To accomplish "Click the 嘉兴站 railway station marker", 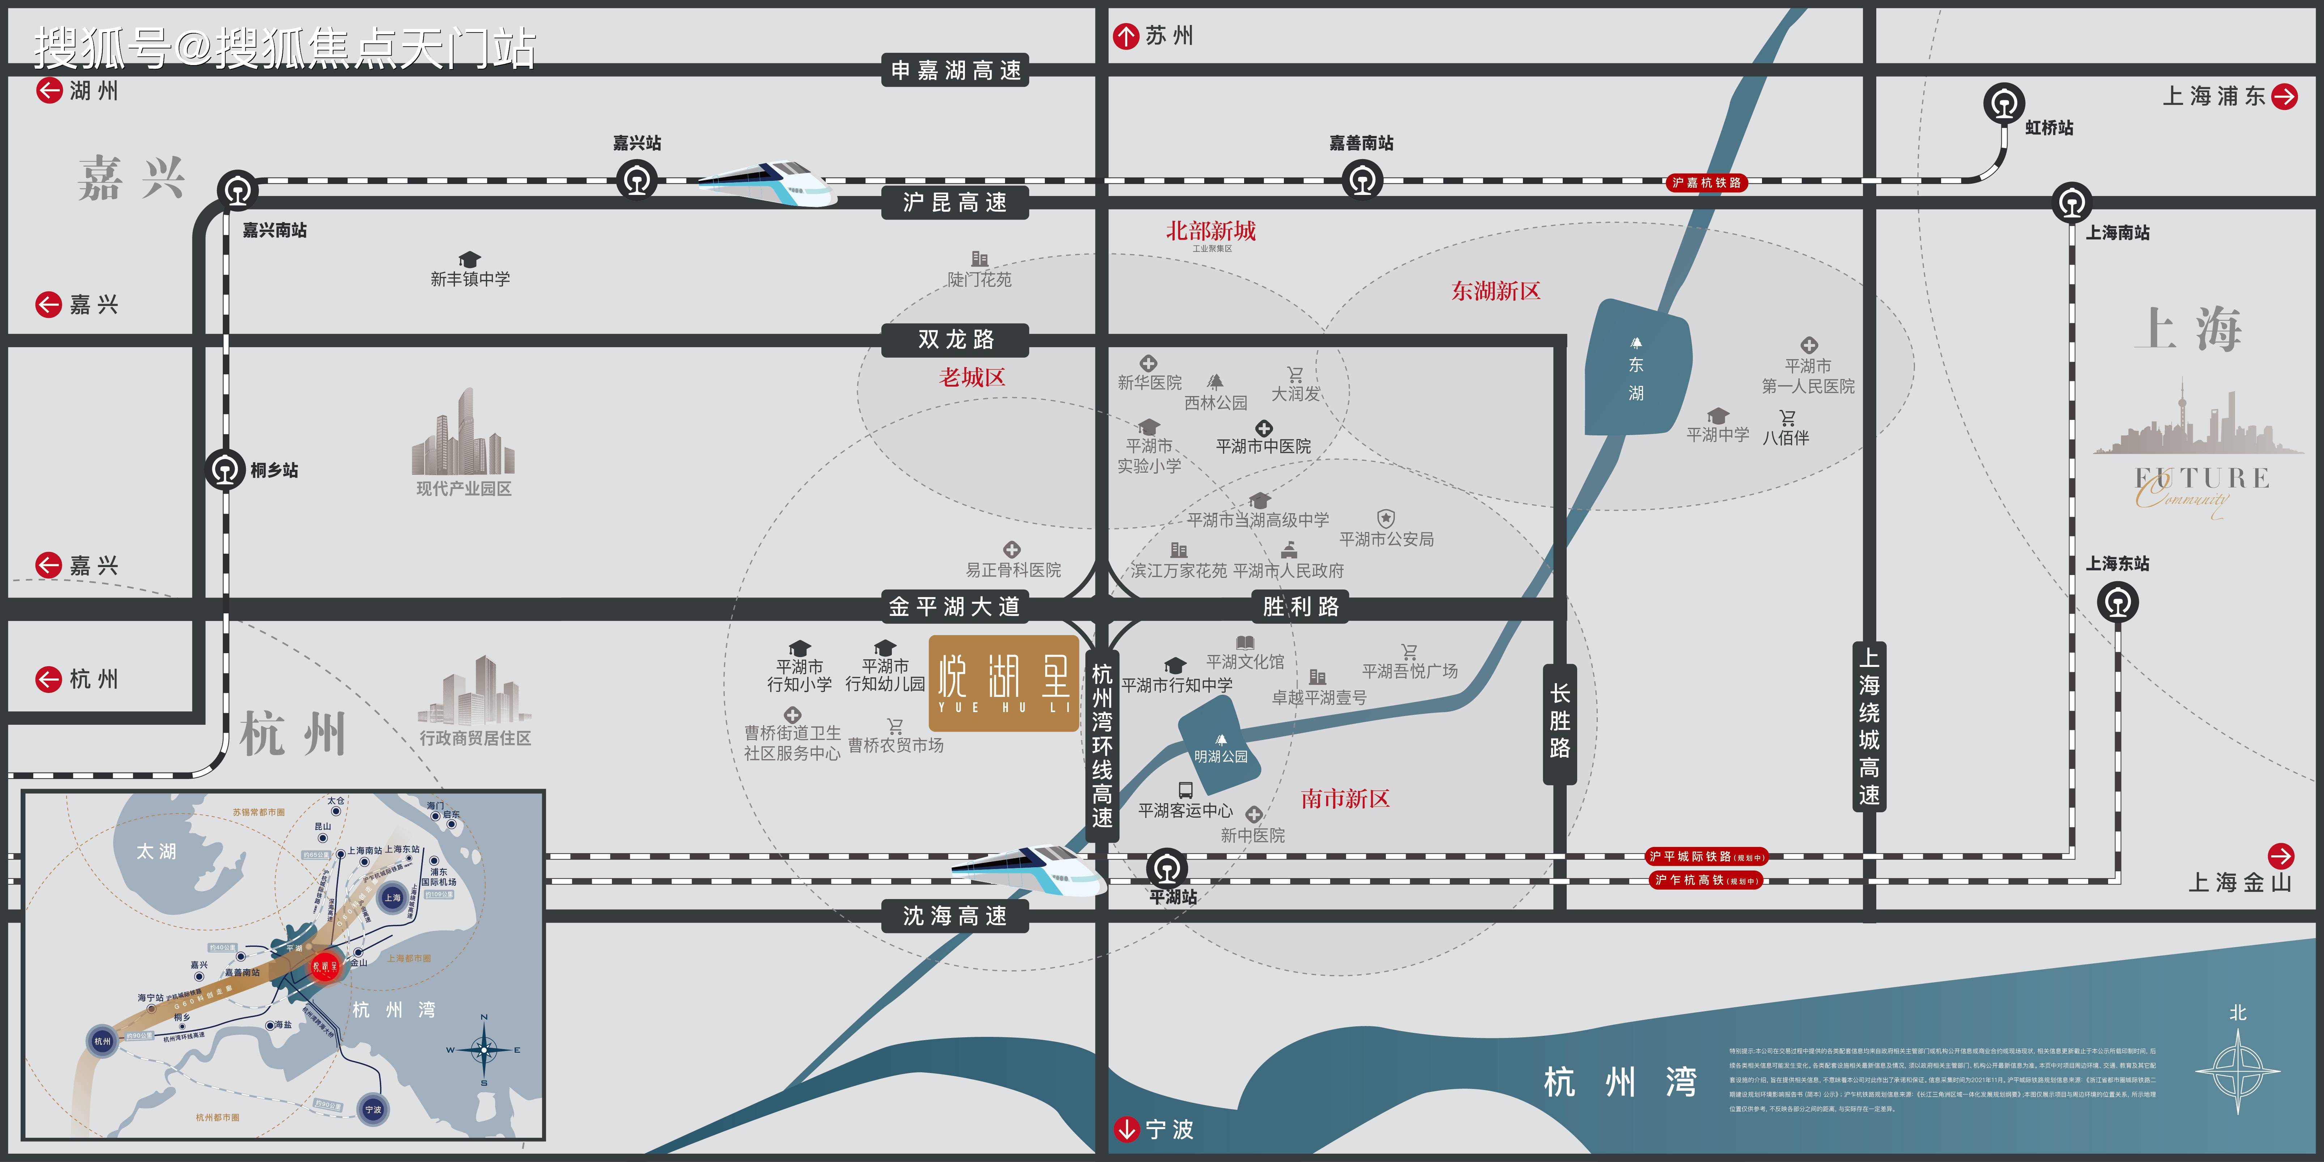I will coord(637,179).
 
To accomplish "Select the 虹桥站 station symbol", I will coord(2004,104).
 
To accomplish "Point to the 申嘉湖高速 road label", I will coord(954,71).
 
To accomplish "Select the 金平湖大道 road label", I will coord(954,606).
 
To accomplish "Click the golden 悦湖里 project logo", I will coord(1003,683).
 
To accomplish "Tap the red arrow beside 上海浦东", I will coord(2284,97).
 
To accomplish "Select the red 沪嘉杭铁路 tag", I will coord(1706,183).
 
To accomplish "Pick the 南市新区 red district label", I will coord(1344,799).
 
